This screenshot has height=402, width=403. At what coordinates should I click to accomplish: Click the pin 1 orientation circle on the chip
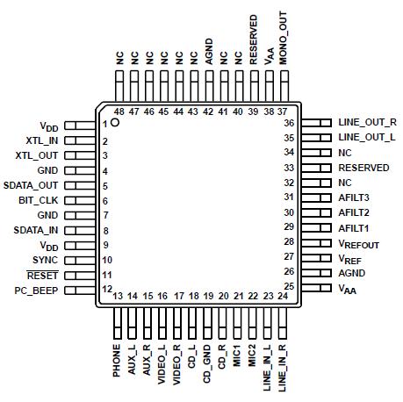coord(114,125)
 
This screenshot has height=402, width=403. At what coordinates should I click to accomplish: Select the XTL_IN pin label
coord(40,140)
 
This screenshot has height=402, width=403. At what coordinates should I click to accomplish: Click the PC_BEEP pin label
coord(36,290)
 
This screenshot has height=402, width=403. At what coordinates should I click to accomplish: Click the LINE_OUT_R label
coord(366,122)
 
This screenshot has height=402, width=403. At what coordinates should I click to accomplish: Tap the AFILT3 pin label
coord(354,197)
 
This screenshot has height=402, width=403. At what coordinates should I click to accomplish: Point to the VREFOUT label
coord(359,241)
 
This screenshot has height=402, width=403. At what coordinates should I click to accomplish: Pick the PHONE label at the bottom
coord(117,360)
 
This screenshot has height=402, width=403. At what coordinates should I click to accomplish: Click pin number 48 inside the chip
coord(119,111)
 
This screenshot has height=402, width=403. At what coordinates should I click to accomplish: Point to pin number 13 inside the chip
coord(117,297)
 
